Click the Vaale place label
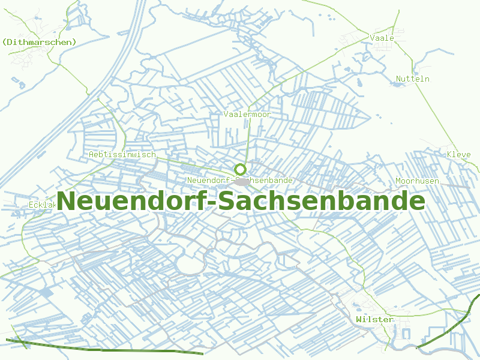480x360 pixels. (x=382, y=38)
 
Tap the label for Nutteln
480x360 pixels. (x=413, y=79)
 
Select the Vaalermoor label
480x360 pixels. (x=247, y=114)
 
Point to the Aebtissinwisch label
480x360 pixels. (x=122, y=154)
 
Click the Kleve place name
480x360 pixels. (x=458, y=154)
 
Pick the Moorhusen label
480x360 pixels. (x=417, y=181)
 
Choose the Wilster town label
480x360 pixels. (x=374, y=319)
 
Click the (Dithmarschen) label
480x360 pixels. (x=40, y=42)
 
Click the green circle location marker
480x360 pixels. (x=240, y=170)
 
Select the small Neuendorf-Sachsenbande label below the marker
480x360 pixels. (x=239, y=180)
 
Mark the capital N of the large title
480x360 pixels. (x=68, y=201)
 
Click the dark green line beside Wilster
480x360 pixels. (x=447, y=325)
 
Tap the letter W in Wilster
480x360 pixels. (x=358, y=319)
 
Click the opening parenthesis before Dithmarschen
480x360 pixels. (x=5, y=42)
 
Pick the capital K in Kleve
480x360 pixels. (x=449, y=154)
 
